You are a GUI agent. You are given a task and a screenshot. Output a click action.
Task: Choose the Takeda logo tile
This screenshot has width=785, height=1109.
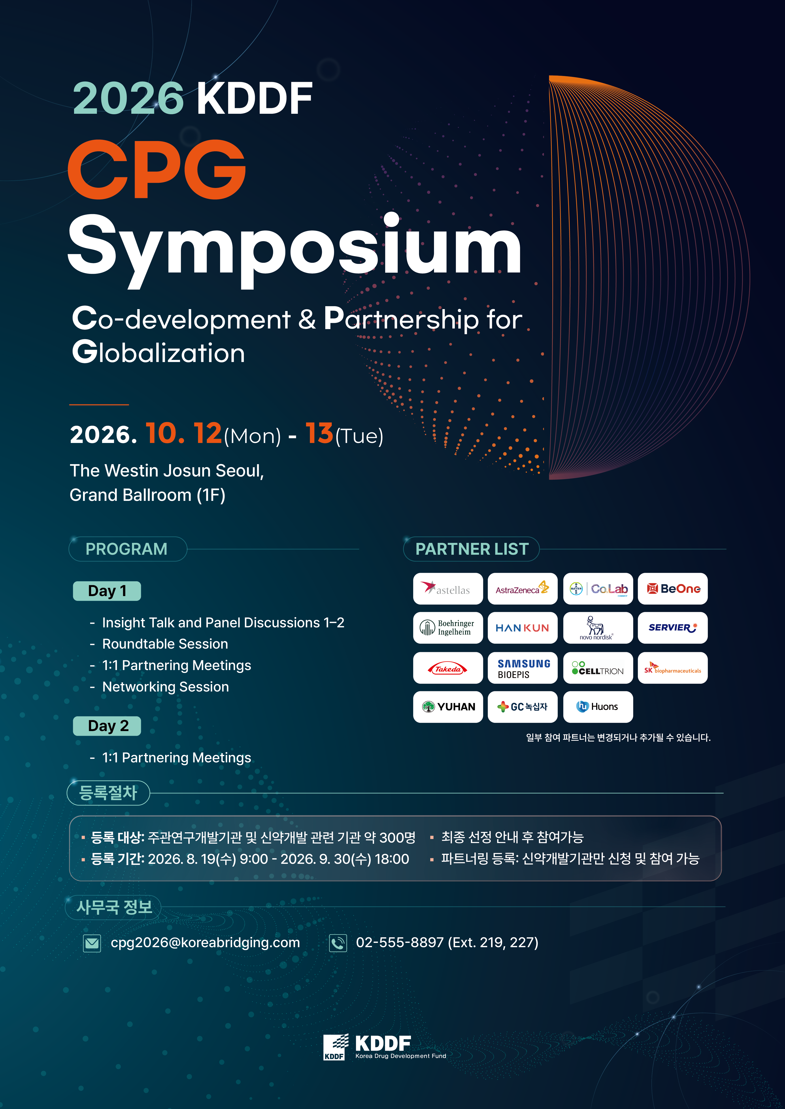tap(448, 668)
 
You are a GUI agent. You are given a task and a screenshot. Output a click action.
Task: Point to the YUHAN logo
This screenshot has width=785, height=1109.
tap(448, 707)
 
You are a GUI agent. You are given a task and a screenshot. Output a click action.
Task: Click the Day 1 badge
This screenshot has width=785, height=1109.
tap(107, 591)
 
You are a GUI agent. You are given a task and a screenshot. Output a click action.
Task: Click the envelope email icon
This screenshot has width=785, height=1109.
tap(92, 943)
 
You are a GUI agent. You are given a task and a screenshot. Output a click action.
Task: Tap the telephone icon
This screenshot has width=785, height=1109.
tap(338, 943)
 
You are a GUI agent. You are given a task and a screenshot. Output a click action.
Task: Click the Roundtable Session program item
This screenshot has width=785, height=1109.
tap(165, 644)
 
